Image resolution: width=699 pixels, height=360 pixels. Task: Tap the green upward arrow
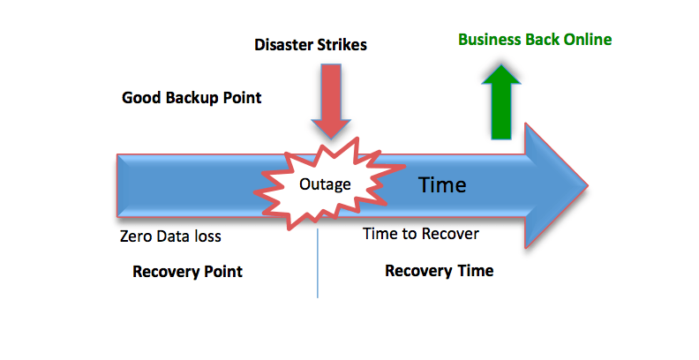501,102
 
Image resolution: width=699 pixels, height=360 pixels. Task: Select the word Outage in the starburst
325,184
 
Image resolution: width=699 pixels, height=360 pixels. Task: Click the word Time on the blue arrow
441,184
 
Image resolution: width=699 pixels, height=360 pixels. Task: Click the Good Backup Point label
192,97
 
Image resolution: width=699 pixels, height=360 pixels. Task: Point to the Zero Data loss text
170,236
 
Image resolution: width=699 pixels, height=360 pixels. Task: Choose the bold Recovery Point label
187,272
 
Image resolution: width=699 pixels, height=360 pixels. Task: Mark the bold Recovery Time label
439,271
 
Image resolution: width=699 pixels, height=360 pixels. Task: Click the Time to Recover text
421,234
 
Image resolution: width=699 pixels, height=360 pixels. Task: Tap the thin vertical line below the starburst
318,265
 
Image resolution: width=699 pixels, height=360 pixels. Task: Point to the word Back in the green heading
546,40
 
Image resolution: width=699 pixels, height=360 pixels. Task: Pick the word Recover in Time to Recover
451,234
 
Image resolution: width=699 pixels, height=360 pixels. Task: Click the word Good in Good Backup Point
139,97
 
